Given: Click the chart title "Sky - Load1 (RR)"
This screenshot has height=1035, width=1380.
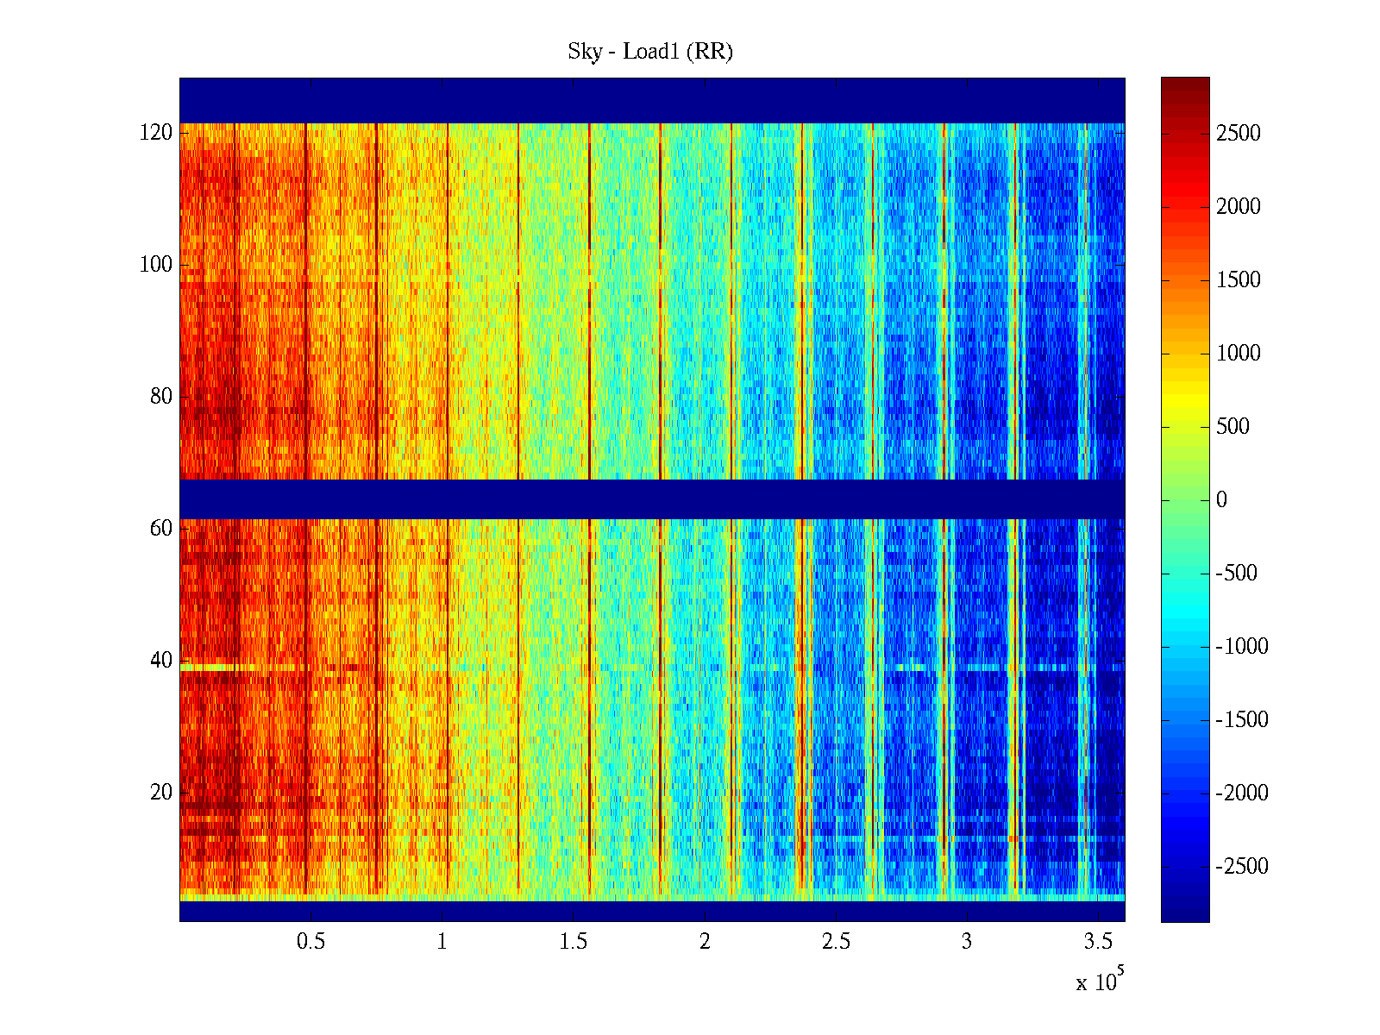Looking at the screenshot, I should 650,52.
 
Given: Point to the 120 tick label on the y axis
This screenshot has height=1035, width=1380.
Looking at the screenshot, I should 156,133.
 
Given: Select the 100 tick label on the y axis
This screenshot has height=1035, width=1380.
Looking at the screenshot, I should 156,265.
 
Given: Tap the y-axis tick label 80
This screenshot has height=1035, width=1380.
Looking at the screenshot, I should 161,397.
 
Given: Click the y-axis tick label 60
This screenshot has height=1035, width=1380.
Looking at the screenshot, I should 161,529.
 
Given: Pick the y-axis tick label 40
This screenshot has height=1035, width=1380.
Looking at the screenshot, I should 161,661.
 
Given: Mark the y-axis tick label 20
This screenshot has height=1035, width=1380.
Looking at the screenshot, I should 161,793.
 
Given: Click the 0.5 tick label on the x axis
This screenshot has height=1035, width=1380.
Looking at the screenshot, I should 310,942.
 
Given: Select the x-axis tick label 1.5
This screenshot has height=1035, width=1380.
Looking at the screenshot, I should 573,942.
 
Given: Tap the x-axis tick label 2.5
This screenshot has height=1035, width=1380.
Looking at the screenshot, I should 835,942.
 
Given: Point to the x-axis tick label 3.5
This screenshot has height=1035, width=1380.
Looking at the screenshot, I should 1097,942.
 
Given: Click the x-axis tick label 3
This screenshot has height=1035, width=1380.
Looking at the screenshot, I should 967,942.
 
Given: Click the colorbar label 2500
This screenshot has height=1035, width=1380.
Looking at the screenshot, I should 1239,134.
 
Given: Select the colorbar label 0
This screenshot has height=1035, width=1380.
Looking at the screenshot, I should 1221,500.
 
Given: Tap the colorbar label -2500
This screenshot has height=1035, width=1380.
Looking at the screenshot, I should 1242,867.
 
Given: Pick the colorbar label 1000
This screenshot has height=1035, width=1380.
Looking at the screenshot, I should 1239,354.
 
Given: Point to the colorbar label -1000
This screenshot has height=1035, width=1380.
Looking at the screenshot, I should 1242,647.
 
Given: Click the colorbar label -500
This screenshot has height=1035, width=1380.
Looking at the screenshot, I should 1237,574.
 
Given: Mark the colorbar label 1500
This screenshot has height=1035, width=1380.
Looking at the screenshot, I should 1239,280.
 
